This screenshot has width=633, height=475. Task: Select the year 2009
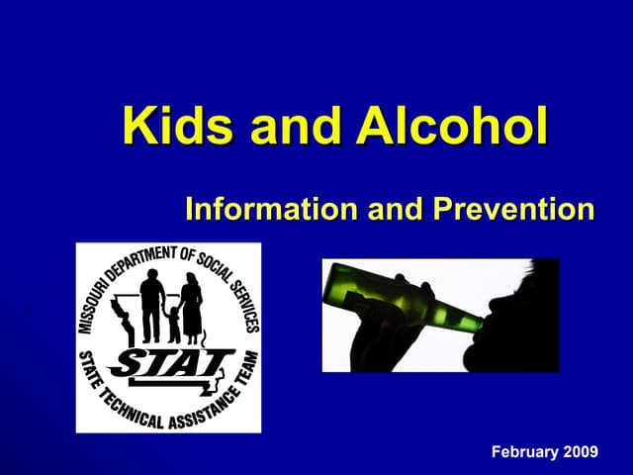pyautogui.click(x=581, y=451)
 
